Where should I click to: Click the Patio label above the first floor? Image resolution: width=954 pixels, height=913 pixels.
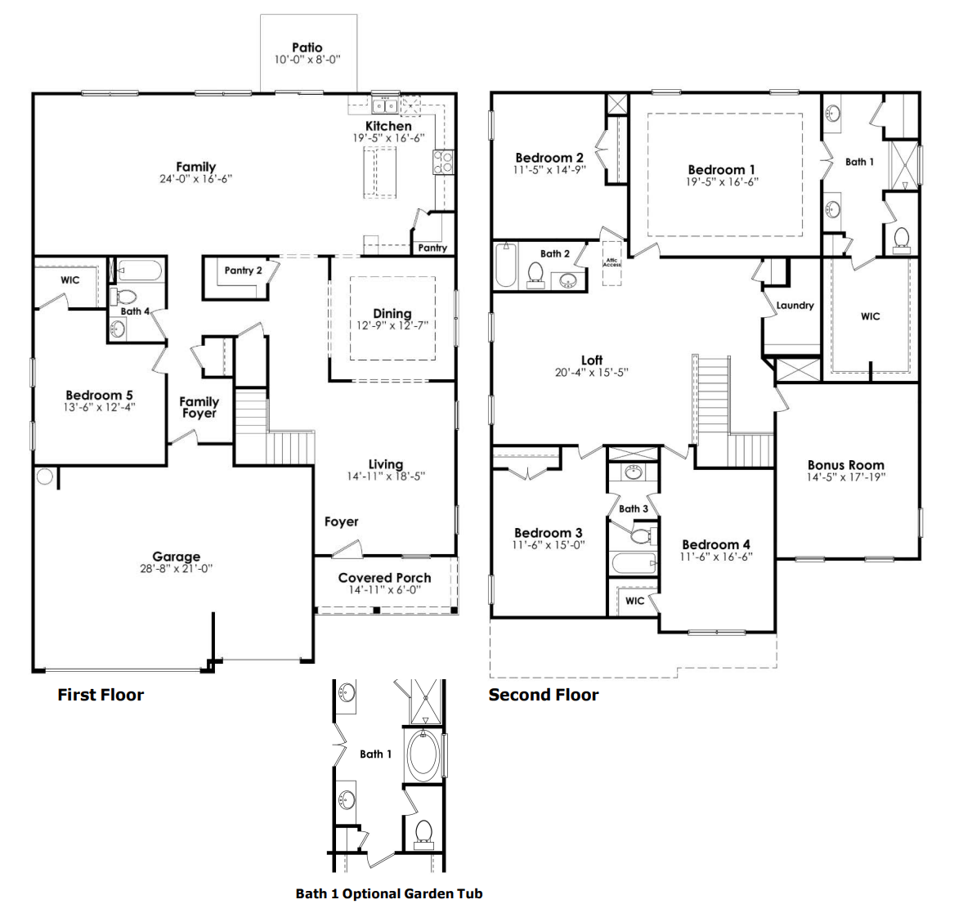pyautogui.click(x=307, y=48)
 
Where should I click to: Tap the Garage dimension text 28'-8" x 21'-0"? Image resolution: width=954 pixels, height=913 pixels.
pyautogui.click(x=176, y=569)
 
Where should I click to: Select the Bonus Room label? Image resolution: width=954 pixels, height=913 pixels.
pyautogui.click(x=845, y=465)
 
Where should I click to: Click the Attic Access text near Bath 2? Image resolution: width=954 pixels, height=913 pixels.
pyautogui.click(x=612, y=263)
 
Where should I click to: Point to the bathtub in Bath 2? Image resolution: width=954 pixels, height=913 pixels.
pyautogui.click(x=506, y=265)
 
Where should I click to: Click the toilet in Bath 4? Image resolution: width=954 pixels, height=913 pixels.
pyautogui.click(x=126, y=296)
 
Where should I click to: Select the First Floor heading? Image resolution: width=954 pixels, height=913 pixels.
pyautogui.click(x=101, y=695)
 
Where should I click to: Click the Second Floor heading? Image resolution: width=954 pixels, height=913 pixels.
pyautogui.click(x=543, y=695)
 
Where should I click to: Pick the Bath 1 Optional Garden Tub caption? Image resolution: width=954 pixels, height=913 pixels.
pyautogui.click(x=388, y=893)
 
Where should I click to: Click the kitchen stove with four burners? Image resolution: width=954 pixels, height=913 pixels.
pyautogui.click(x=443, y=162)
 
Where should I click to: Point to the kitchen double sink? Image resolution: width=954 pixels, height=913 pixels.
pyautogui.click(x=384, y=105)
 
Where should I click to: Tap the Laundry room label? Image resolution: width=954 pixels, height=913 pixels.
pyautogui.click(x=795, y=305)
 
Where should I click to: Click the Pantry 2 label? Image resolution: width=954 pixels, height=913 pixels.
pyautogui.click(x=243, y=271)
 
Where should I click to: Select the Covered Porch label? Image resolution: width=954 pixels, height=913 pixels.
pyautogui.click(x=384, y=578)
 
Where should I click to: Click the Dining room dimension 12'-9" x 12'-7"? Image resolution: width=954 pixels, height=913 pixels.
pyautogui.click(x=392, y=325)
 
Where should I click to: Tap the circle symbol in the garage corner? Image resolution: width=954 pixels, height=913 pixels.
pyautogui.click(x=45, y=477)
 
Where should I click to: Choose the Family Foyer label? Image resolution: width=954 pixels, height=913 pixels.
pyautogui.click(x=199, y=407)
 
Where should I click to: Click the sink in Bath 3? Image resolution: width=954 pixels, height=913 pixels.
pyautogui.click(x=633, y=472)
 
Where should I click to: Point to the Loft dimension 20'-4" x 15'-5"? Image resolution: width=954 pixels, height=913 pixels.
pyautogui.click(x=591, y=372)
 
